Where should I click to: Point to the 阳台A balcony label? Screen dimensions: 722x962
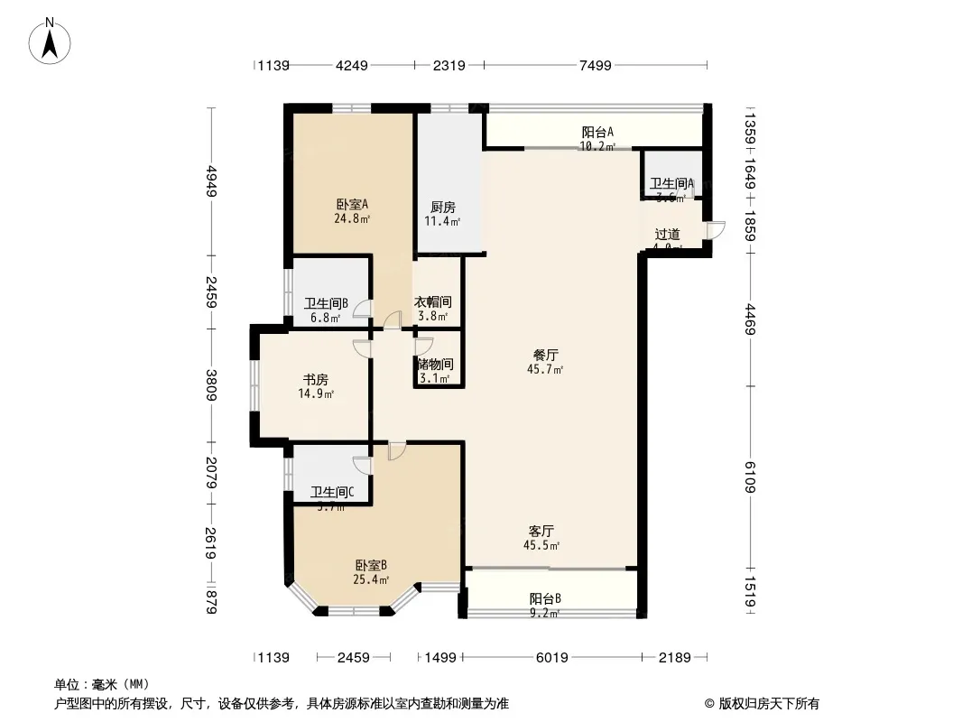point(597,132)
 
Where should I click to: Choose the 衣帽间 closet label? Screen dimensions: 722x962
point(433,302)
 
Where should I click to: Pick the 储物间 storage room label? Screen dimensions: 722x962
point(435,365)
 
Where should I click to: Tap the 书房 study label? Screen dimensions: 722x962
point(315,380)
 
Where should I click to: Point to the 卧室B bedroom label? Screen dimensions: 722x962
point(371,565)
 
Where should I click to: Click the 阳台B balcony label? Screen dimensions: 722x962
point(545,598)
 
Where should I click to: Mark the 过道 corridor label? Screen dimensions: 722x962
point(668,234)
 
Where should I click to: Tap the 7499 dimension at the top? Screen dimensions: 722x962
point(596,65)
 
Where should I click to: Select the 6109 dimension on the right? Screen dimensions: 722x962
point(751,476)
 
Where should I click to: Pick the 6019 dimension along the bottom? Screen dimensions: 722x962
point(551,658)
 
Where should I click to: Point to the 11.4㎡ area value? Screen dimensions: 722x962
point(443,221)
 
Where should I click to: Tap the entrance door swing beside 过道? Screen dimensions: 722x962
point(715,230)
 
